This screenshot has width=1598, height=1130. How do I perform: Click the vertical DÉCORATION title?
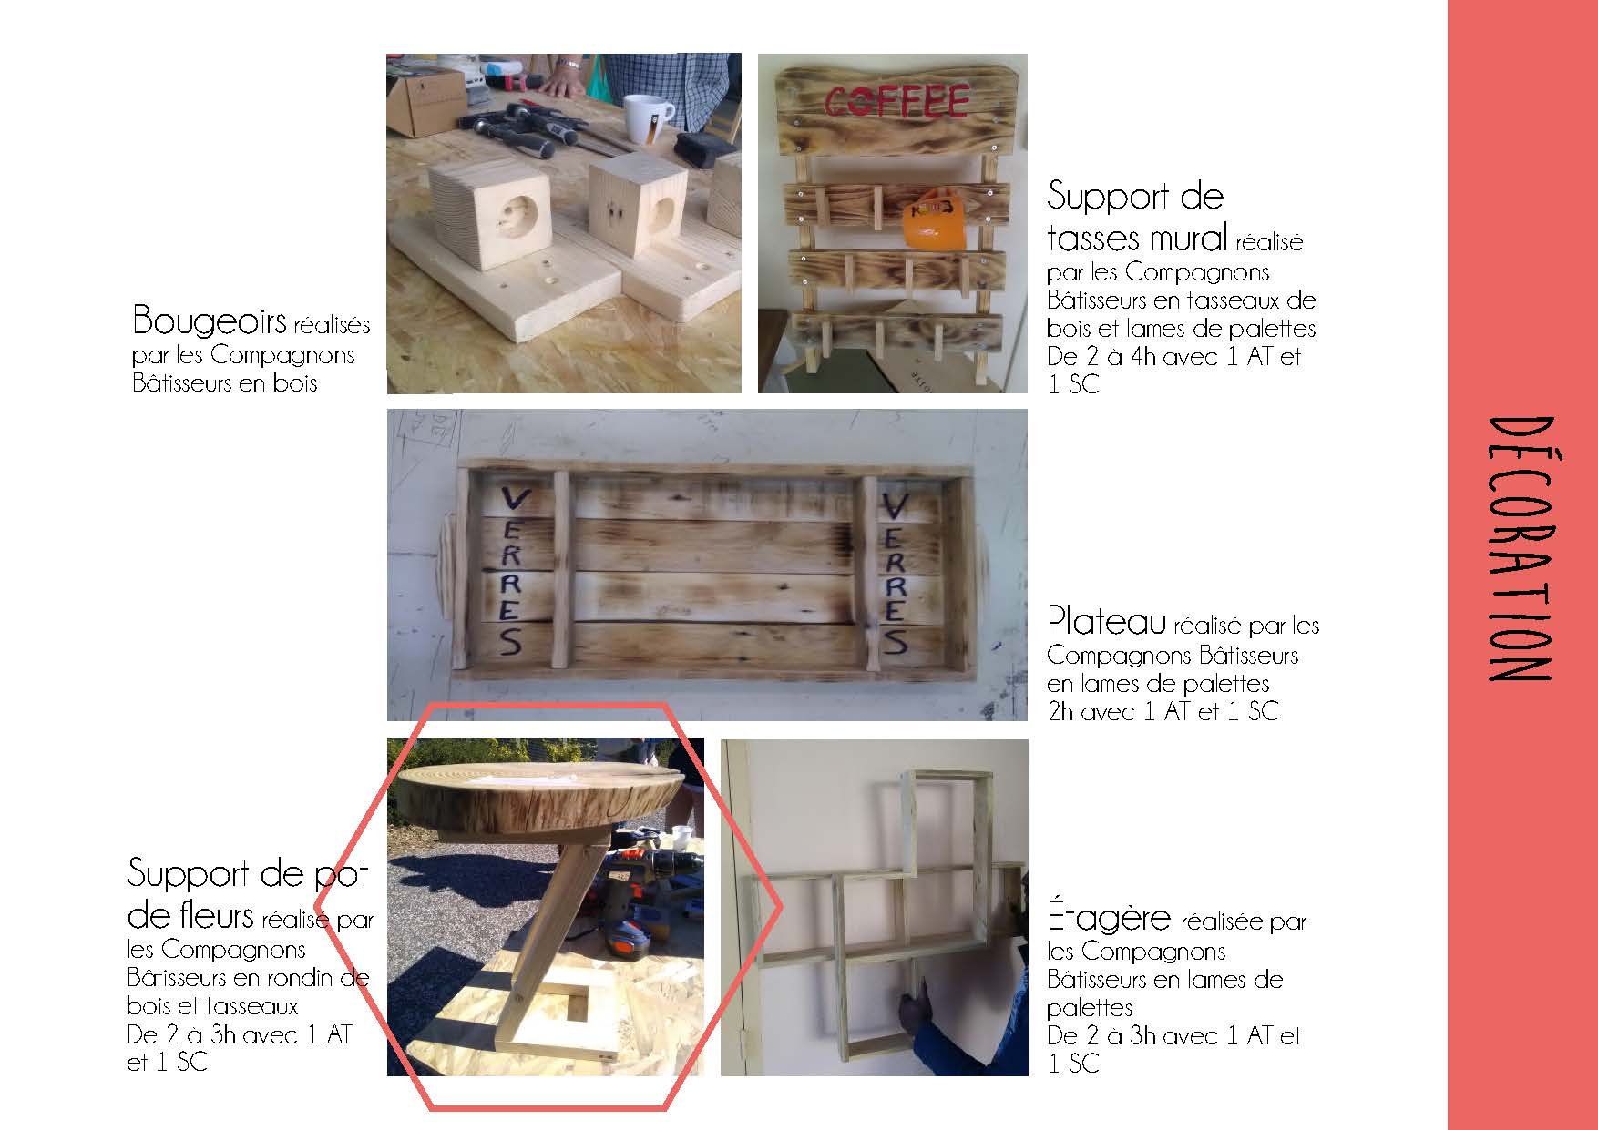[1518, 549]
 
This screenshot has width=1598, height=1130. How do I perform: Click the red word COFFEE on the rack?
[896, 102]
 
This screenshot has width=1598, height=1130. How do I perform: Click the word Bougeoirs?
[209, 321]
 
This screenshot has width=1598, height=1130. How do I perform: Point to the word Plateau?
[1106, 621]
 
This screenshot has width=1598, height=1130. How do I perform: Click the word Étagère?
[1108, 916]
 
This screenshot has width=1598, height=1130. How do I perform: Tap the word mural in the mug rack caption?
[1183, 238]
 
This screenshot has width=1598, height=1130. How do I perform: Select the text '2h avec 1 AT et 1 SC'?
[1163, 710]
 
